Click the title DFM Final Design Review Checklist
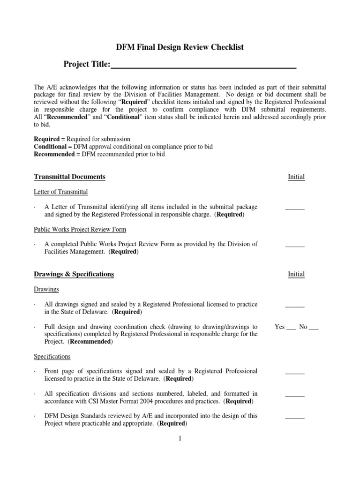pos(180,47)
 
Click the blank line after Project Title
pos(203,66)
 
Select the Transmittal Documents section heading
pos(69,177)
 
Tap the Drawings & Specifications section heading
pos(74,274)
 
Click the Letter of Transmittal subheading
pos(60,192)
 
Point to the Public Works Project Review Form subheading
pos(80,229)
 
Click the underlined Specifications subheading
pos(52,357)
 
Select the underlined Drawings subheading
pos(46,289)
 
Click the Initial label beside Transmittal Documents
pos(296,177)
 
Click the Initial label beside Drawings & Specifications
pos(296,274)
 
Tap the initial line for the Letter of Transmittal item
pos(295,209)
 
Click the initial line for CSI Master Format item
pos(295,396)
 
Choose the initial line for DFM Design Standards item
pos(295,418)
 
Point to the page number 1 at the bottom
pos(180,439)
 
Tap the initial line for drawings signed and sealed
pos(295,306)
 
